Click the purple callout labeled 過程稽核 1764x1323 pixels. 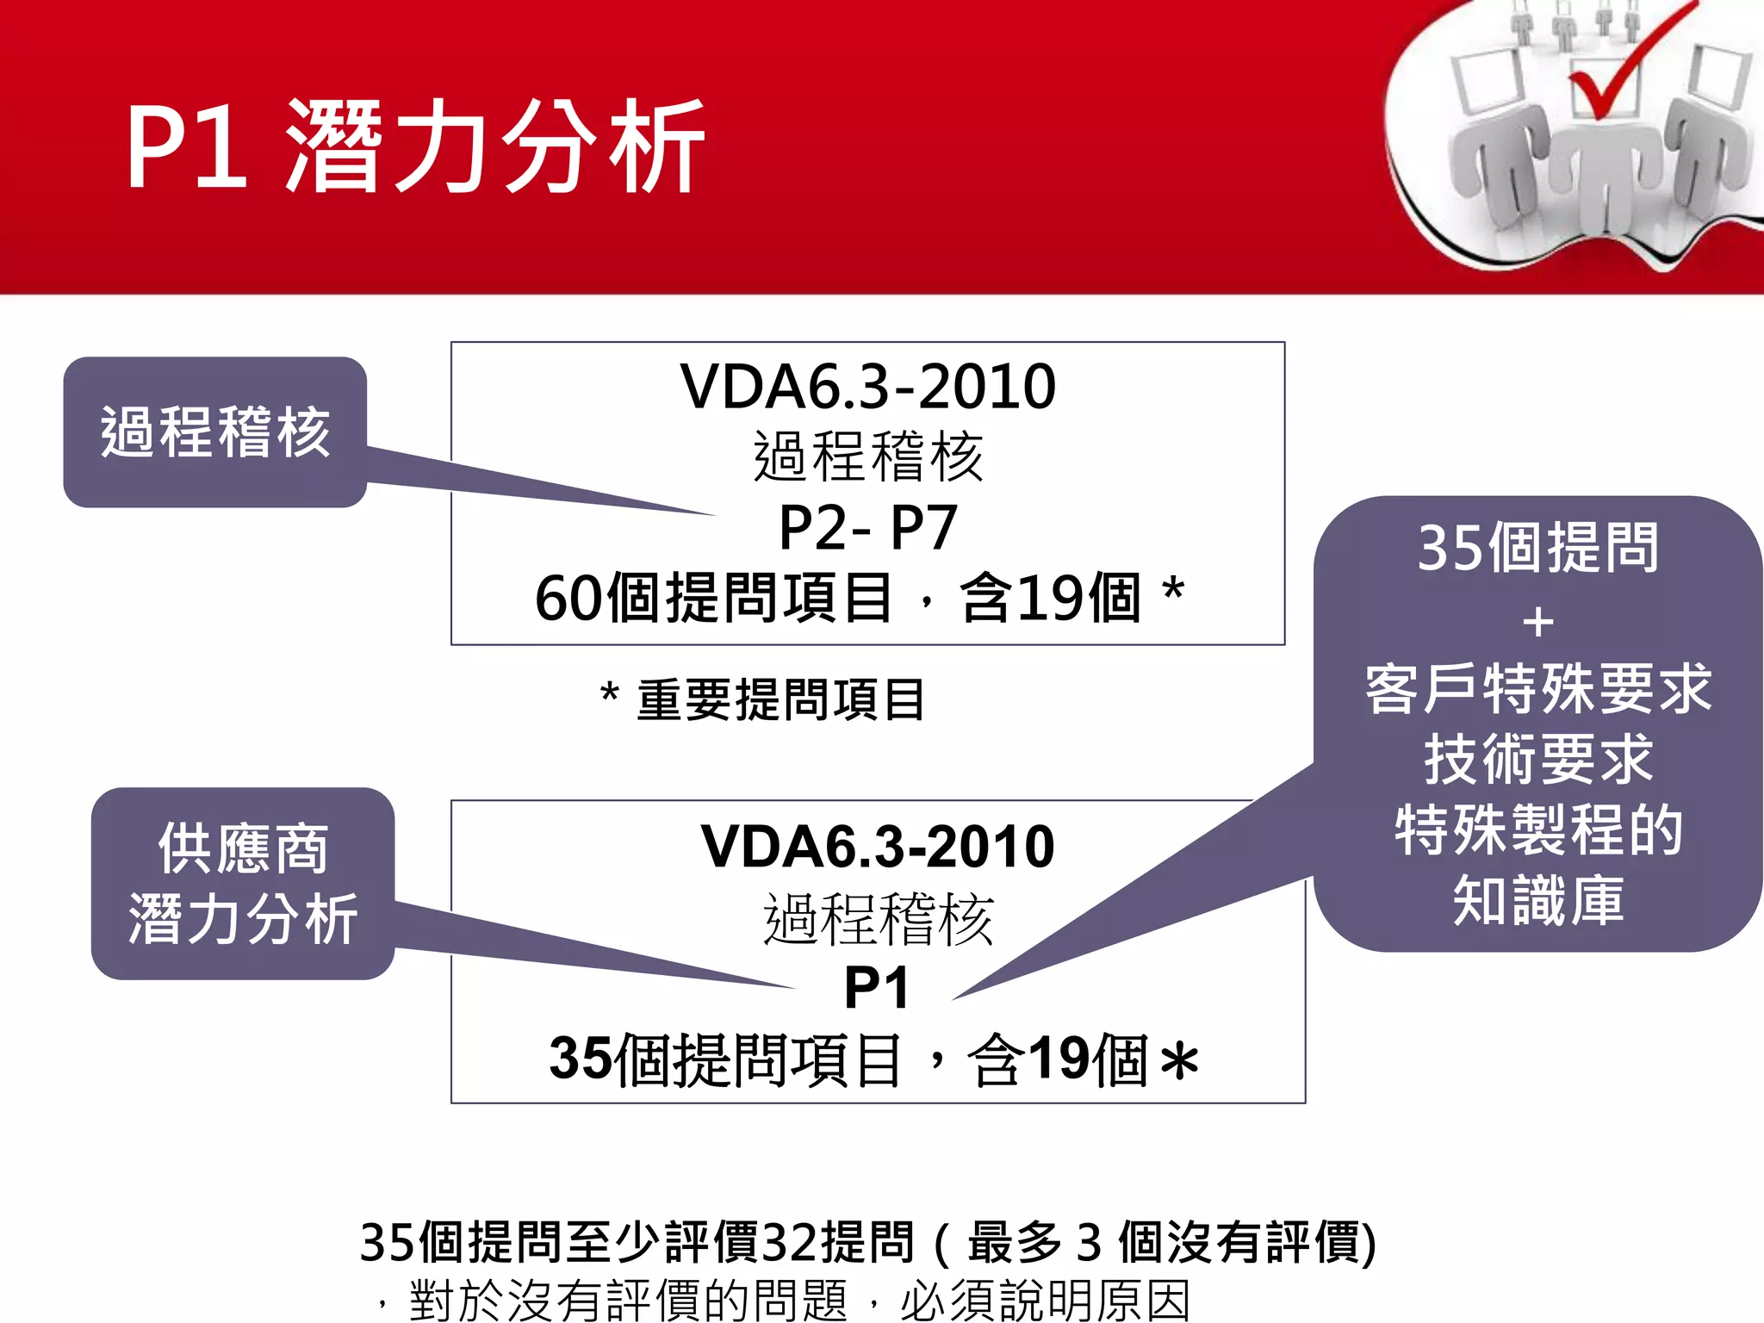(215, 432)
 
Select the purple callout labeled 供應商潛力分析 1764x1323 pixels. (243, 884)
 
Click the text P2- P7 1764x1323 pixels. (867, 527)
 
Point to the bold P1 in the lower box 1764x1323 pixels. (876, 988)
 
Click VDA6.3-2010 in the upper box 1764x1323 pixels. (867, 387)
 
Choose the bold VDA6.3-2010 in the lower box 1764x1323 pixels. (877, 847)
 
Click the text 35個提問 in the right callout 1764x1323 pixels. (1537, 549)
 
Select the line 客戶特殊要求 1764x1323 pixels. (1537, 689)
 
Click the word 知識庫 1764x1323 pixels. (1537, 901)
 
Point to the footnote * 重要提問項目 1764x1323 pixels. (763, 699)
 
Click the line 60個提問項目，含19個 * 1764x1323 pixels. (860, 598)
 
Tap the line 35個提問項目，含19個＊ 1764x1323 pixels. (873, 1059)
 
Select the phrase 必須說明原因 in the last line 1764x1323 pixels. (1045, 1300)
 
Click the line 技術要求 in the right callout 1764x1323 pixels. (1537, 760)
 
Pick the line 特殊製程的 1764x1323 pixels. (1537, 830)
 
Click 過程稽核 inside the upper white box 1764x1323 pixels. (867, 457)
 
